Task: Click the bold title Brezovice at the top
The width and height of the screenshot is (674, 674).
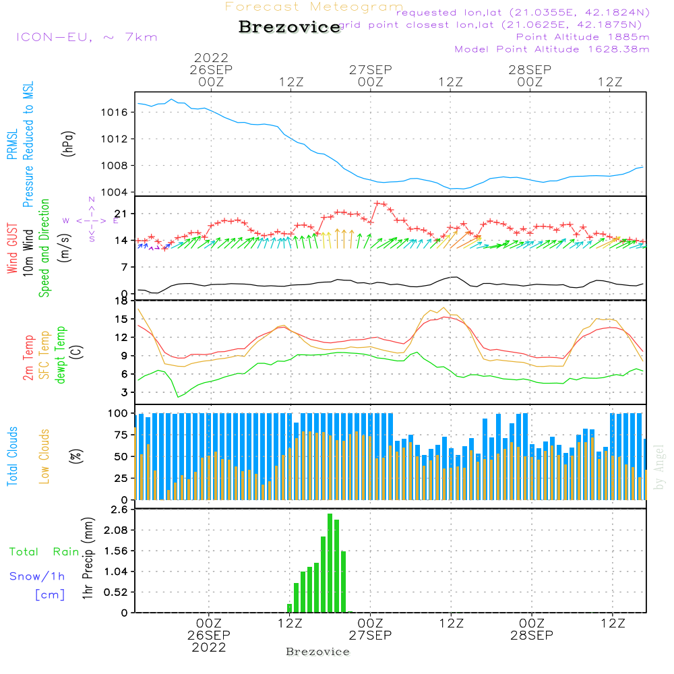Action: pyautogui.click(x=290, y=27)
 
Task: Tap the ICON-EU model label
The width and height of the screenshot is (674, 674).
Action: pyautogui.click(x=86, y=37)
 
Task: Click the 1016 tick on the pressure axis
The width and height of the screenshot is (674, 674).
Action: pyautogui.click(x=115, y=112)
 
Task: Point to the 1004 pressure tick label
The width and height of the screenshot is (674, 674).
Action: pyautogui.click(x=115, y=192)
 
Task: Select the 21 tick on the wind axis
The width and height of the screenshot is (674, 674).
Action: pyautogui.click(x=121, y=214)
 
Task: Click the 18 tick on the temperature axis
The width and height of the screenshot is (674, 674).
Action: pyautogui.click(x=122, y=301)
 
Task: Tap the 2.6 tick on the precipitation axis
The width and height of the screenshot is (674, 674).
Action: pyautogui.click(x=119, y=510)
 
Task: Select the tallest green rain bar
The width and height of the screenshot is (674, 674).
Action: pyautogui.click(x=330, y=563)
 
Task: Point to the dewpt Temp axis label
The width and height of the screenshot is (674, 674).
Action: pyautogui.click(x=61, y=355)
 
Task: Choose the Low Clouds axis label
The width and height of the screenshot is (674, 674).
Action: pyautogui.click(x=45, y=456)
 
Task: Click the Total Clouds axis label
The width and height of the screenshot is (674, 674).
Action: pyautogui.click(x=12, y=456)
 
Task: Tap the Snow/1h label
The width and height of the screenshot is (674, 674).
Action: pyautogui.click(x=37, y=576)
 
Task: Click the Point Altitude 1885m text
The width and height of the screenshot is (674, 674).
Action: pyautogui.click(x=582, y=36)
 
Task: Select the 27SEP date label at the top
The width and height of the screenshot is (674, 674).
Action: pyautogui.click(x=370, y=70)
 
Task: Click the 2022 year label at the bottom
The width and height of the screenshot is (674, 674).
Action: pyautogui.click(x=209, y=648)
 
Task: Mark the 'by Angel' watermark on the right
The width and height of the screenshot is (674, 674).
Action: pyautogui.click(x=659, y=466)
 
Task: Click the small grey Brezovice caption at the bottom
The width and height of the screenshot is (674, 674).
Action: pyautogui.click(x=317, y=652)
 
